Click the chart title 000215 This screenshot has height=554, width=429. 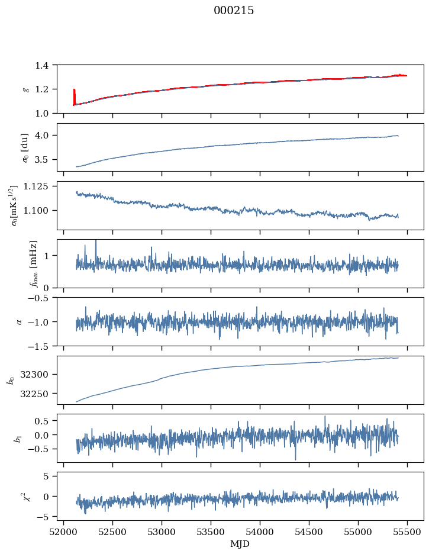pyautogui.click(x=234, y=11)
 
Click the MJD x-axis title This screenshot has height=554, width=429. pyautogui.click(x=240, y=544)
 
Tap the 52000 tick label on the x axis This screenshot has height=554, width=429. pyautogui.click(x=63, y=533)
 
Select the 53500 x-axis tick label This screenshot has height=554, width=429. pyautogui.click(x=211, y=533)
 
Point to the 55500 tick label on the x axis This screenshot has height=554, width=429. pyautogui.click(x=407, y=533)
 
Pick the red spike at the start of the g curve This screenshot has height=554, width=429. pyautogui.click(x=74, y=97)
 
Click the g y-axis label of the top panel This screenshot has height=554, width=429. pyautogui.click(x=25, y=89)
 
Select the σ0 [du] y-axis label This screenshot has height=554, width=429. pyautogui.click(x=25, y=148)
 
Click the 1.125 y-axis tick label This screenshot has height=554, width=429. pyautogui.click(x=36, y=186)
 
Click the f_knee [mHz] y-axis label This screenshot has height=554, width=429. pyautogui.click(x=34, y=263)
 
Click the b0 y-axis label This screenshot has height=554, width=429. pyautogui.click(x=12, y=380)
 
